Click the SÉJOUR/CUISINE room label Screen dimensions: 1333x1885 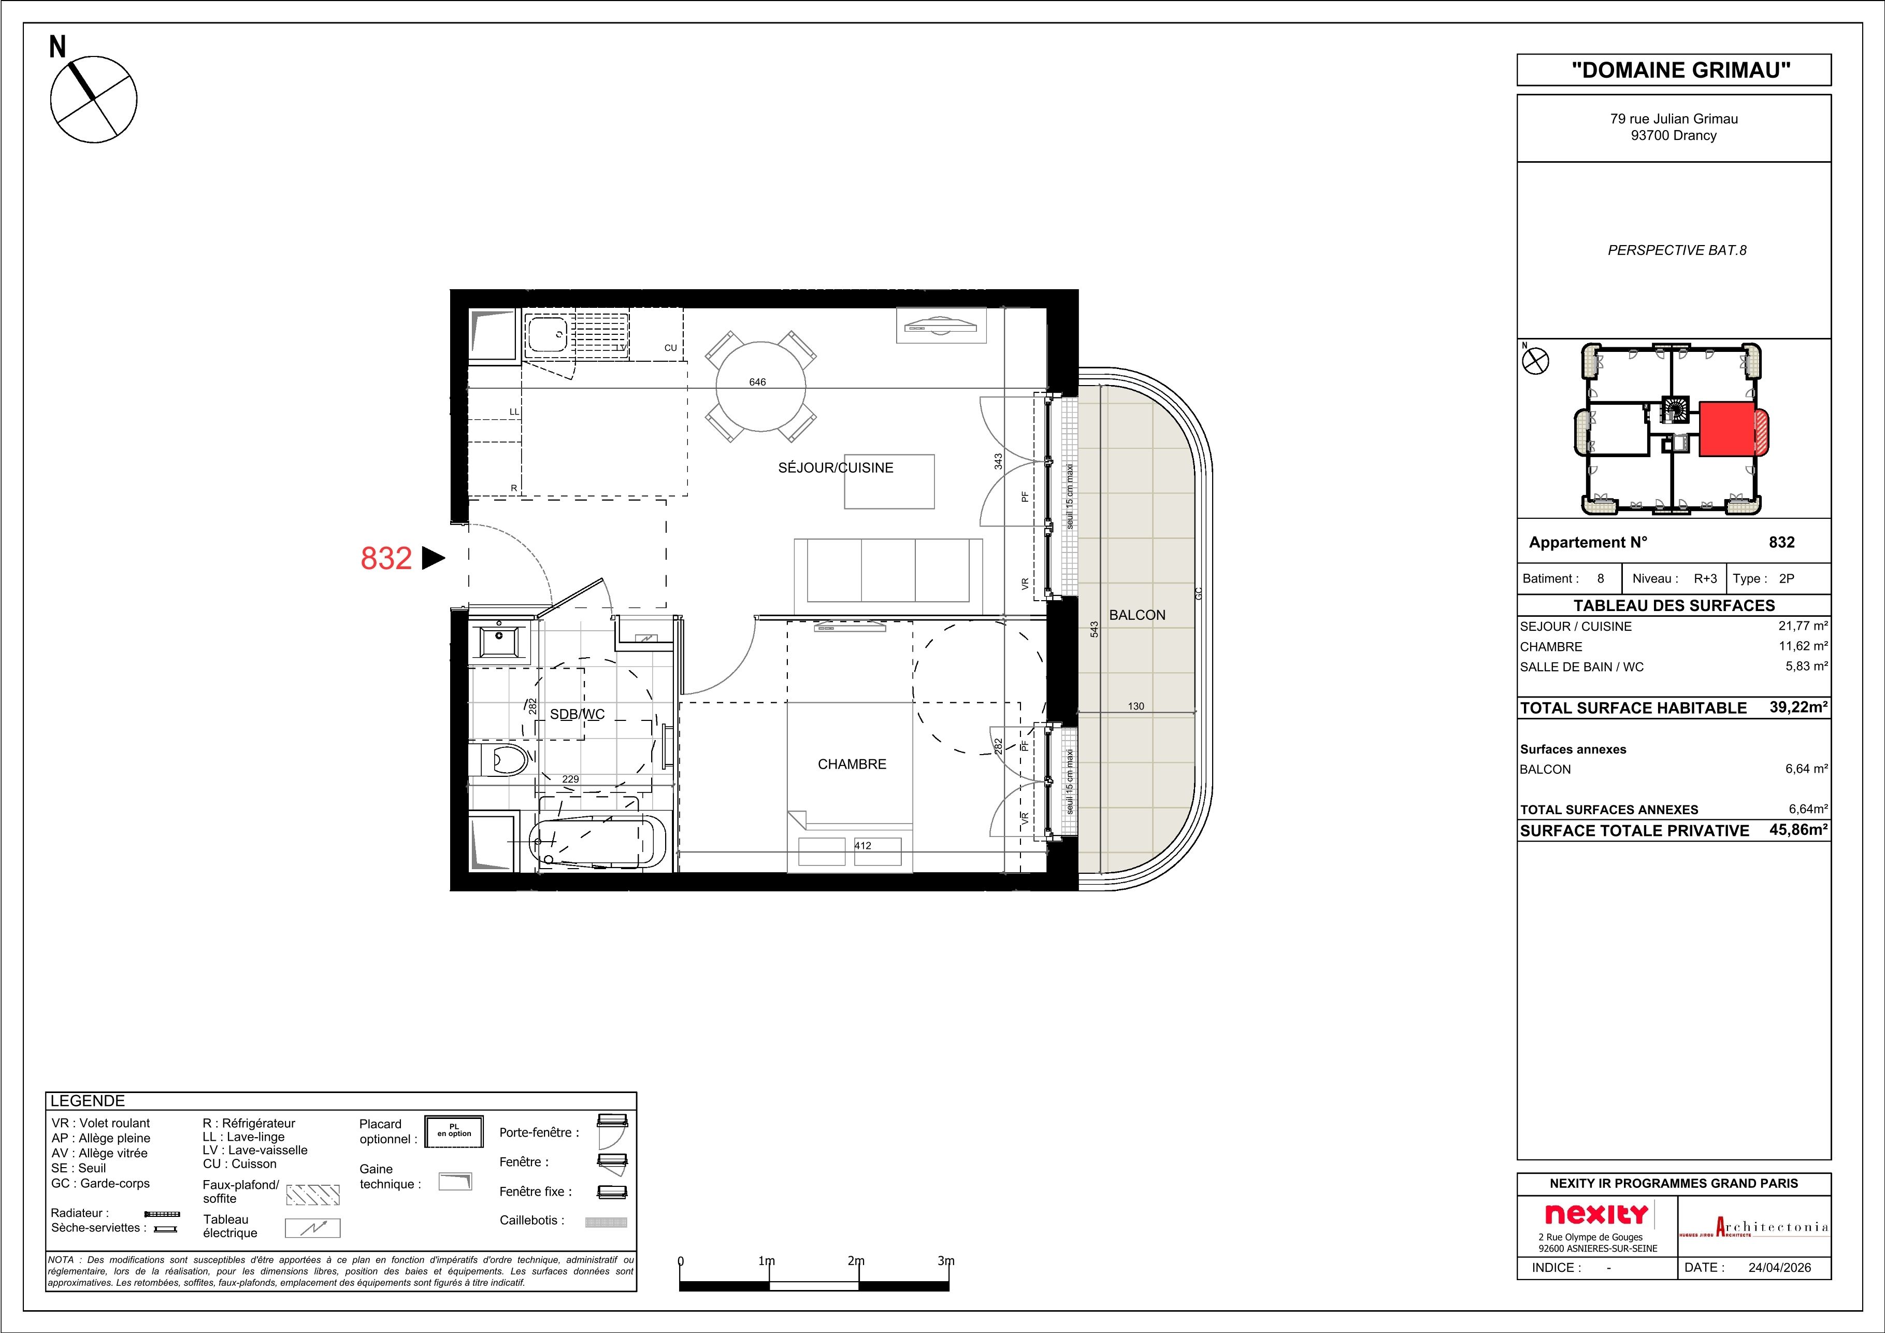[835, 467]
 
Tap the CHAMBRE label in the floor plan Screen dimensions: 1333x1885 [852, 764]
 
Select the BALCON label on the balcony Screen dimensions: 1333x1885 [1136, 614]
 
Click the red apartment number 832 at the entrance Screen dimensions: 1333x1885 [386, 559]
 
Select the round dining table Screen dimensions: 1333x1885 [760, 386]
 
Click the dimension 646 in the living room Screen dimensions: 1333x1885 [757, 382]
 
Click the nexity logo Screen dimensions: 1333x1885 [1596, 1214]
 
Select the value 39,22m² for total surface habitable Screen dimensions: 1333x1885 [1798, 707]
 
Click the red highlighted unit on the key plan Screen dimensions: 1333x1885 [1726, 429]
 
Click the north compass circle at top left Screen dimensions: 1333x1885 [94, 100]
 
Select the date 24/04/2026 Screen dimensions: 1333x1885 [1778, 1267]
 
